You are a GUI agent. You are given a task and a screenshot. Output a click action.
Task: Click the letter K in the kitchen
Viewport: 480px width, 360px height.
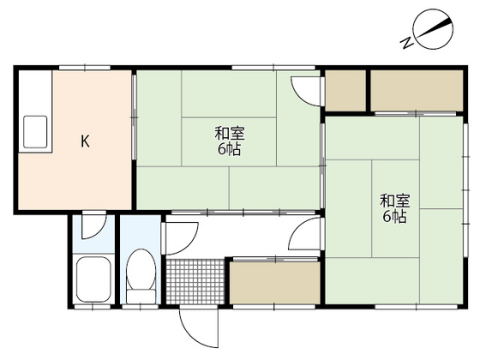point(85,141)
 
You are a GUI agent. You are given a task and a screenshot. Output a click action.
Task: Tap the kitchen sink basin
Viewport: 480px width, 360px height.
point(35,132)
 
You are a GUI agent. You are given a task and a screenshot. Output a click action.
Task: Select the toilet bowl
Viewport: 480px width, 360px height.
point(141,269)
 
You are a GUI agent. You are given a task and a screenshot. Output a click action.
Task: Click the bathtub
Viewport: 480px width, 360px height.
point(93,279)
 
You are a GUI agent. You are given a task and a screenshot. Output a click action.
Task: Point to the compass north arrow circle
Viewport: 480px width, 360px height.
point(433,29)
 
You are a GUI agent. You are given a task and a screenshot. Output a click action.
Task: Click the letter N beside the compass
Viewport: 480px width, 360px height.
point(407,43)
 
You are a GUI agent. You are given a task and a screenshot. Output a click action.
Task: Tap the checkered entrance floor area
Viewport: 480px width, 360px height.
point(195,282)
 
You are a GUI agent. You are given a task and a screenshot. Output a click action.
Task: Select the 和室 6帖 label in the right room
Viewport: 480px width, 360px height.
point(394,209)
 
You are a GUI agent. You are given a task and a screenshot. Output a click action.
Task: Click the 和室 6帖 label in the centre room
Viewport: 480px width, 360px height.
point(230,141)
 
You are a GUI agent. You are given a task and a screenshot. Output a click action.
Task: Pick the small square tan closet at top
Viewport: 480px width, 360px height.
point(345,91)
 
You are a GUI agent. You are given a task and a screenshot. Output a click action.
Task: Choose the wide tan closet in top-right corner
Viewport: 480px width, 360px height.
point(417,91)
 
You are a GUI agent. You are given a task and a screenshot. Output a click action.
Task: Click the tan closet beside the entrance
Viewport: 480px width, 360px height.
point(275,283)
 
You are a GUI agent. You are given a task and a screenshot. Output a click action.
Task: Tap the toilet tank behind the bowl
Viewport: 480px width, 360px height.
point(141,297)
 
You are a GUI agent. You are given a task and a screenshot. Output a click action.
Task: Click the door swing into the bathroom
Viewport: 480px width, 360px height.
point(94,226)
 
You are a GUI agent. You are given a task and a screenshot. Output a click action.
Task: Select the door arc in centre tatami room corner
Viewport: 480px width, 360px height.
point(306,91)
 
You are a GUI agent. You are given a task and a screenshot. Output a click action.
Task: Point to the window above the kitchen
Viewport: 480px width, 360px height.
point(85,68)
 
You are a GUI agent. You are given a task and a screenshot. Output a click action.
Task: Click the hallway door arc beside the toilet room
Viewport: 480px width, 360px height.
point(182,239)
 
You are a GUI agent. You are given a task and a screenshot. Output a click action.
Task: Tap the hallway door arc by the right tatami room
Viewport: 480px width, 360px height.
point(304,233)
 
